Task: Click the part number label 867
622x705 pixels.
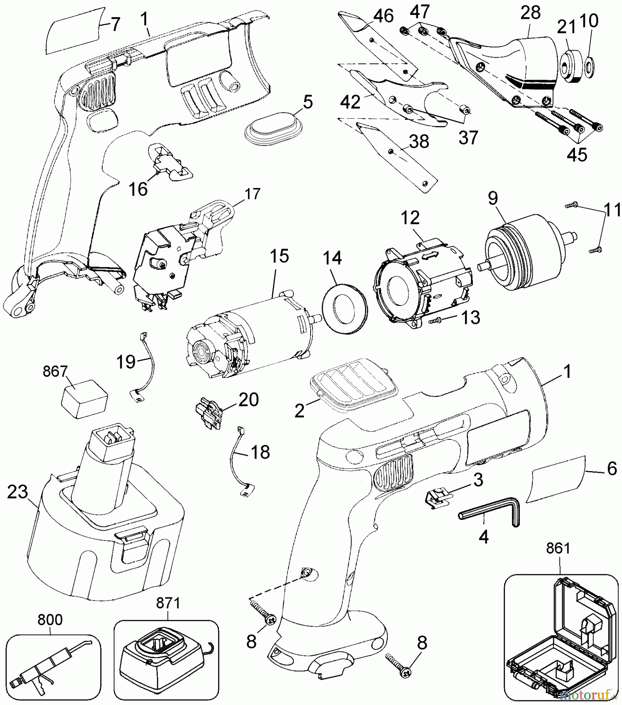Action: tap(55, 371)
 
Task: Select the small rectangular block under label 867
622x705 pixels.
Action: tap(84, 399)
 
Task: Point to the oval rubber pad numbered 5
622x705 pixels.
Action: tap(274, 130)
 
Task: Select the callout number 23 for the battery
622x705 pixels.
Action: tap(18, 492)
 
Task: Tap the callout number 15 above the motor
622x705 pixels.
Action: tap(279, 256)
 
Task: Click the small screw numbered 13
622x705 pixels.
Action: tap(435, 321)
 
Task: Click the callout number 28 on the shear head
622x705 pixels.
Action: tap(530, 13)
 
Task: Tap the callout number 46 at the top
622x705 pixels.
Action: tap(383, 16)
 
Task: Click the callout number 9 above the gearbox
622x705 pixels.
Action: tap(493, 198)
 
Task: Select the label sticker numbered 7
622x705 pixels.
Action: tap(74, 31)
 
